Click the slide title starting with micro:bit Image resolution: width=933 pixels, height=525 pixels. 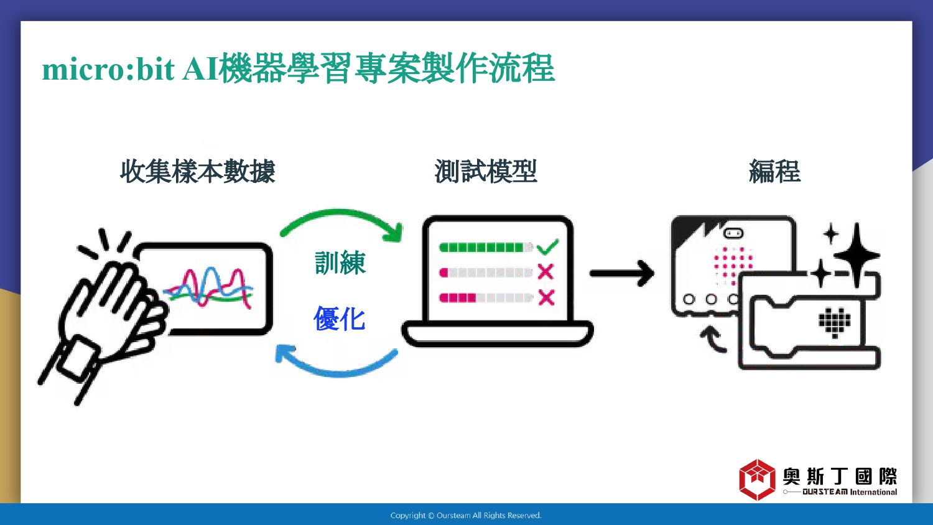coord(298,68)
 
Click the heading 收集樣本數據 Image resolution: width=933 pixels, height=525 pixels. coord(197,171)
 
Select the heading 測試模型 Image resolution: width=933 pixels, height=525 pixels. coord(486,171)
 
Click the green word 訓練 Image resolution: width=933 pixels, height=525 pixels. coord(340,262)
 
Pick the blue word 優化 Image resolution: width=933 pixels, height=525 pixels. coord(339,318)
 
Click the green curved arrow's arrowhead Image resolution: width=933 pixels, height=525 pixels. coord(394,232)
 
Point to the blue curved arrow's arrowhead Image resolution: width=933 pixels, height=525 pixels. coord(285,355)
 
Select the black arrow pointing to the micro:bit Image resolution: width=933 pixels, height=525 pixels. coord(622,273)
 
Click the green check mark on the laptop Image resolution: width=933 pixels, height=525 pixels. coord(547,247)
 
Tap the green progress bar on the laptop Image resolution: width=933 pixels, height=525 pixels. coord(481,248)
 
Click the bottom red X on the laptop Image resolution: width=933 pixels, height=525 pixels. coord(546,297)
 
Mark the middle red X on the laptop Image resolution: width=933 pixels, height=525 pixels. coord(545,272)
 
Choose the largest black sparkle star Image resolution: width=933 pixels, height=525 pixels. coord(856,256)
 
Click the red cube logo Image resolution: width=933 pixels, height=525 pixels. coord(757,480)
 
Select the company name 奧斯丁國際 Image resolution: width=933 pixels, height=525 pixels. coord(840,476)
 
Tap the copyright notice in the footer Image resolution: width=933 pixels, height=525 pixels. coord(466,516)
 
